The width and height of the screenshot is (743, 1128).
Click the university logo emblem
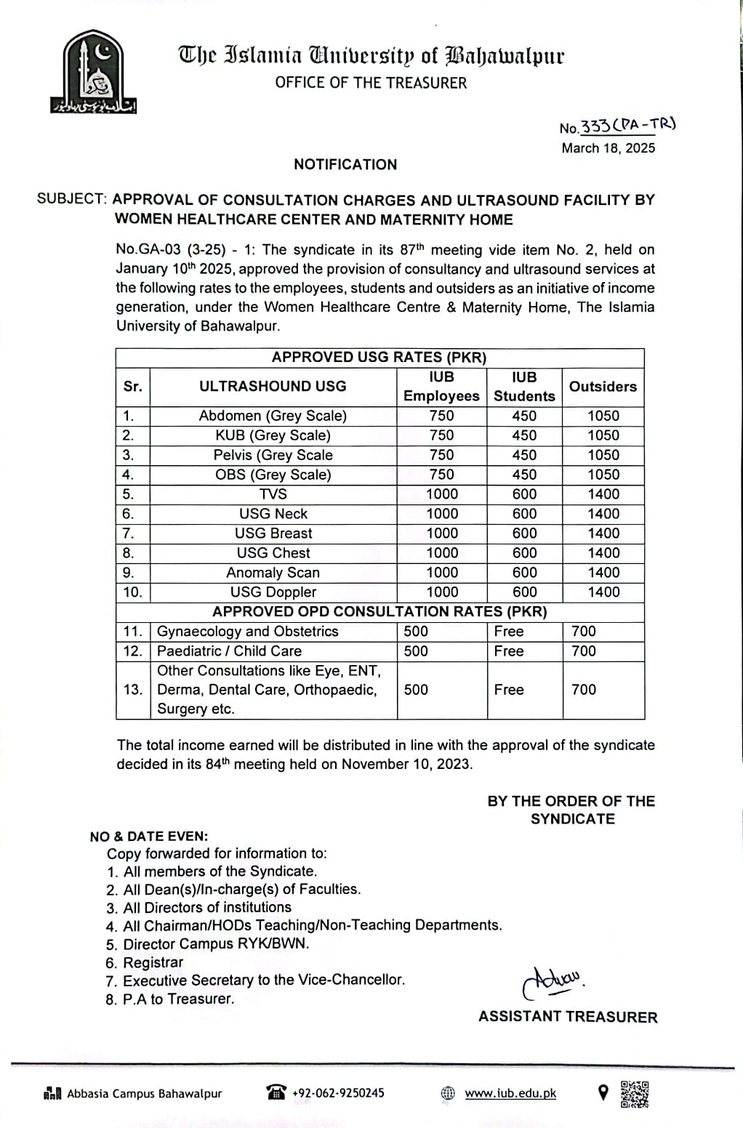[x=92, y=71]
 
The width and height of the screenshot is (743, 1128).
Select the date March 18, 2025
[x=608, y=148]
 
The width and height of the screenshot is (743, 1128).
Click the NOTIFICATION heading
[x=345, y=164]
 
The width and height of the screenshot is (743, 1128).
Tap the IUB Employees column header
[x=441, y=387]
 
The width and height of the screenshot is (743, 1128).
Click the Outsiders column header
[x=603, y=387]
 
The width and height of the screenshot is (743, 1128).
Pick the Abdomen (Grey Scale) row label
[x=273, y=416]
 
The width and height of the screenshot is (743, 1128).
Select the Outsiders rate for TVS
[x=603, y=494]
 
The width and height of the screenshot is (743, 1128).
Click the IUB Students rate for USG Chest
[x=524, y=553]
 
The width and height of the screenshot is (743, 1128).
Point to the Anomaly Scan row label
[x=273, y=573]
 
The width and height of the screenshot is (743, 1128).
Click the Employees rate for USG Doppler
[x=441, y=592]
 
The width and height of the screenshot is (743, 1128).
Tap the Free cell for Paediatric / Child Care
[x=509, y=651]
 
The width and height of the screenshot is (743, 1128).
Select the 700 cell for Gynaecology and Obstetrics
[x=584, y=632]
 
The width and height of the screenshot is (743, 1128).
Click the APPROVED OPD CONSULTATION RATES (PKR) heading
[x=379, y=612]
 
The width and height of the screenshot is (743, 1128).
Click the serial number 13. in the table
[x=133, y=690]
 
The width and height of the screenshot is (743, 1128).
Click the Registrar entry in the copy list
[x=153, y=962]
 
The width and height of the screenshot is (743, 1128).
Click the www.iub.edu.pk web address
[x=510, y=1093]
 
